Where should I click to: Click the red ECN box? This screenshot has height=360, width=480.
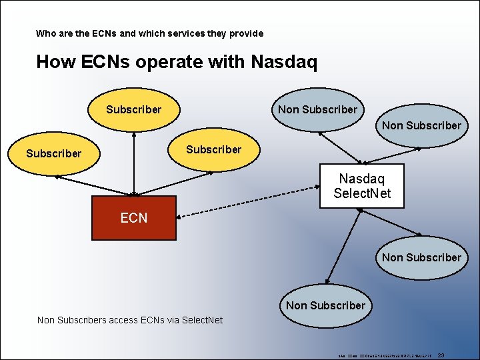pos(133,218)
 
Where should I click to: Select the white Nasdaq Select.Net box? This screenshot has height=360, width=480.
pos(362,186)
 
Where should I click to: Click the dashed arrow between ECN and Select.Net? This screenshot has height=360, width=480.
pos(247,206)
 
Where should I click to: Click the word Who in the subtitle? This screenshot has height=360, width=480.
pos(46,33)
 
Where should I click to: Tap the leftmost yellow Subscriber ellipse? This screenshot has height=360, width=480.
pos(54,154)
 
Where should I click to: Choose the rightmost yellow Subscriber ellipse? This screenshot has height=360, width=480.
pos(213,150)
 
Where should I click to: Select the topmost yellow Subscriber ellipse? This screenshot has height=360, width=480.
pos(134,109)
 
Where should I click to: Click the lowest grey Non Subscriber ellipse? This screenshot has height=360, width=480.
pos(325,305)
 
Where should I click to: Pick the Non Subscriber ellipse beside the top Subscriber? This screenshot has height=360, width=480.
pos(317,109)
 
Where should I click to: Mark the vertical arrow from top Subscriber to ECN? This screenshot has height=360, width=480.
pos(134,163)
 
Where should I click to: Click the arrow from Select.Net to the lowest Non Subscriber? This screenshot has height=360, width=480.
pos(343,245)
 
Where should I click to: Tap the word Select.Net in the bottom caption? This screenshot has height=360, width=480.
pos(200,320)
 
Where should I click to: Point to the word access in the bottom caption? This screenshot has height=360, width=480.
pos(121,320)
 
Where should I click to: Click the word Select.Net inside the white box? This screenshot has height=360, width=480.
pos(362,194)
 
